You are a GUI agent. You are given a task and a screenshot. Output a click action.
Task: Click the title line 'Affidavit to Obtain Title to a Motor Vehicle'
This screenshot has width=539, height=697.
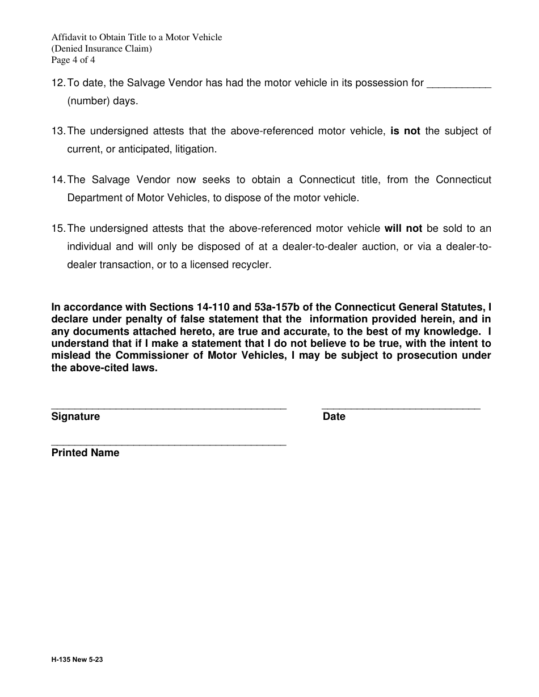tap(136, 37)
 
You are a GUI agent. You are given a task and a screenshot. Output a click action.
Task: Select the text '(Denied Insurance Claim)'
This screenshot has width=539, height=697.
tap(102, 49)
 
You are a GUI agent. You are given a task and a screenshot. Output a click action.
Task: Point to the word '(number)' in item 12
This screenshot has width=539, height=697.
tap(87, 101)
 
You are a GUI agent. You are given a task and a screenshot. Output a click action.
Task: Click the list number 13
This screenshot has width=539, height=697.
tap(58, 131)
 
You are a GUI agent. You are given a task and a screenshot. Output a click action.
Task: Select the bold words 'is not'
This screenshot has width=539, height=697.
tap(405, 131)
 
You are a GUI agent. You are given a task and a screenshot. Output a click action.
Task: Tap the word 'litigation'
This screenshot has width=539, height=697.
tap(193, 150)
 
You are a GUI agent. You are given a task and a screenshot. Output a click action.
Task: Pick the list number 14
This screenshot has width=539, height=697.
tap(58, 180)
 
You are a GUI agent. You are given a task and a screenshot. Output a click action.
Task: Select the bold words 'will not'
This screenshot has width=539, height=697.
tap(403, 229)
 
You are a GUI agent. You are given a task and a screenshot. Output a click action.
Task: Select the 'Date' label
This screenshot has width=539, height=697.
tap(334, 417)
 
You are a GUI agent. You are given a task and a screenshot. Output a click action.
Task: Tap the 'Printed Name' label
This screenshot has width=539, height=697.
tap(85, 453)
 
